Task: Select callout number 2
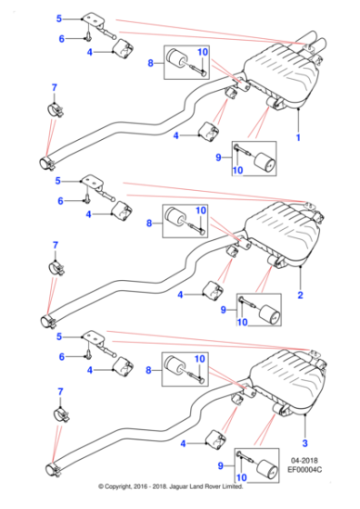click(300, 295)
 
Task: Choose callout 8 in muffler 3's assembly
click(151, 370)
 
